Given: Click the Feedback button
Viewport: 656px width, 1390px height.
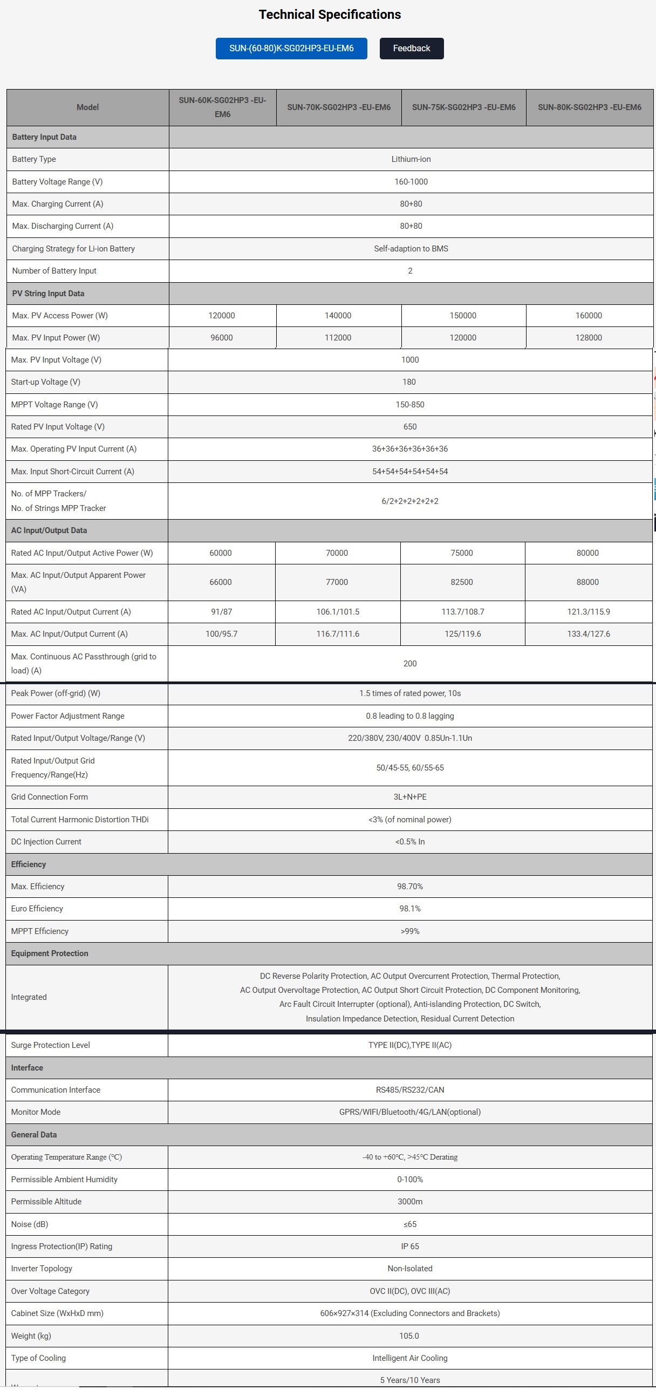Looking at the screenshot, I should point(412,49).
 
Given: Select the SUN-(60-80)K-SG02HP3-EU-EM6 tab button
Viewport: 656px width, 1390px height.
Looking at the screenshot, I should point(291,49).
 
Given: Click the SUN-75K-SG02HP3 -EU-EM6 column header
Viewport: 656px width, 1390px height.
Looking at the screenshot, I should point(463,107).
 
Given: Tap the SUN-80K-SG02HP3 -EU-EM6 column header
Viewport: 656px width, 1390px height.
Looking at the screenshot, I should point(589,107).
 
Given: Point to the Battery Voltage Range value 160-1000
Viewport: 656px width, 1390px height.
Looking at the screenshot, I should point(411,182).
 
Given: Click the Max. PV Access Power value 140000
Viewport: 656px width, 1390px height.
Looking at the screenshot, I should point(338,316).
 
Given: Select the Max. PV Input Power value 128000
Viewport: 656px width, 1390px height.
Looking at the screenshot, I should point(588,338).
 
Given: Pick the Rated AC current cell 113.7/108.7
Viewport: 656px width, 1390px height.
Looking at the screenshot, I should point(462,612).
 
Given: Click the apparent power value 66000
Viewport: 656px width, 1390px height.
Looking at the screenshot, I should point(221,582).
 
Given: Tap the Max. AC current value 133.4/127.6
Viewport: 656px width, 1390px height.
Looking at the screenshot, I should point(588,634).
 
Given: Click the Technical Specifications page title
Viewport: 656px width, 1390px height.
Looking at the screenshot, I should point(330,15).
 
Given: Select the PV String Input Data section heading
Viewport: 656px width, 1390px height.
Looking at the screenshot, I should point(48,294).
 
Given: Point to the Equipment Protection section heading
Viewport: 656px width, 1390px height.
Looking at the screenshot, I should point(50,953).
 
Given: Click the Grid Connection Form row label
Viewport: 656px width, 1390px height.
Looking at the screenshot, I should point(50,797).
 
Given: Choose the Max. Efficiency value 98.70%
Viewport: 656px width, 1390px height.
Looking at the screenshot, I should point(410,887).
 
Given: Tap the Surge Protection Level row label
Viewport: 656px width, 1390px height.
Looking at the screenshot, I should point(51,1045).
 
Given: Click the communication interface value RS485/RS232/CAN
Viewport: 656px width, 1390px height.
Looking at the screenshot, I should point(410,1090).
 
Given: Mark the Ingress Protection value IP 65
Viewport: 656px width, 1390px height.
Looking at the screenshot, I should point(410,1246).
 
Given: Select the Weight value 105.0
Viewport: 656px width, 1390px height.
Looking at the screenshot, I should point(409,1336).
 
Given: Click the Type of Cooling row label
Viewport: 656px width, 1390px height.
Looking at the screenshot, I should point(38,1358).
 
